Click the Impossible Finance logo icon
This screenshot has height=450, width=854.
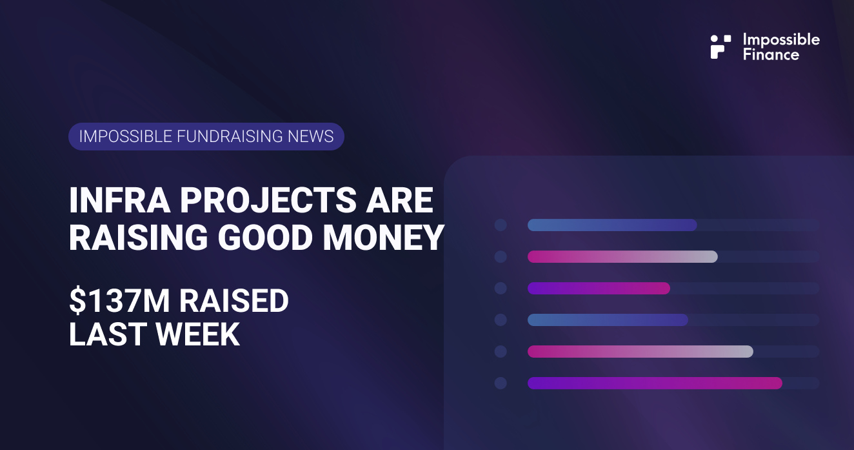(720, 46)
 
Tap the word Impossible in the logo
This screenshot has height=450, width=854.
(781, 39)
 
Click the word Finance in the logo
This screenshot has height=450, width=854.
(771, 55)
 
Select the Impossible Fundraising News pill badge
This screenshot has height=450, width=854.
(206, 136)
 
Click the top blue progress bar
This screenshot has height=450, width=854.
(612, 225)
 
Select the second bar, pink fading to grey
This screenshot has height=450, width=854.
(622, 256)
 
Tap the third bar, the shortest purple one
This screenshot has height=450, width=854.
(599, 288)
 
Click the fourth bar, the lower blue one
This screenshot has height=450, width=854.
(608, 320)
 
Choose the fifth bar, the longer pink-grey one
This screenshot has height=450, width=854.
(640, 351)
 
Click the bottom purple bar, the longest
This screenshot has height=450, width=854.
(655, 383)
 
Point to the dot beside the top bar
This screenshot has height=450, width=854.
(501, 225)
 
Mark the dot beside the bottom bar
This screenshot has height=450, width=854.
(501, 383)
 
